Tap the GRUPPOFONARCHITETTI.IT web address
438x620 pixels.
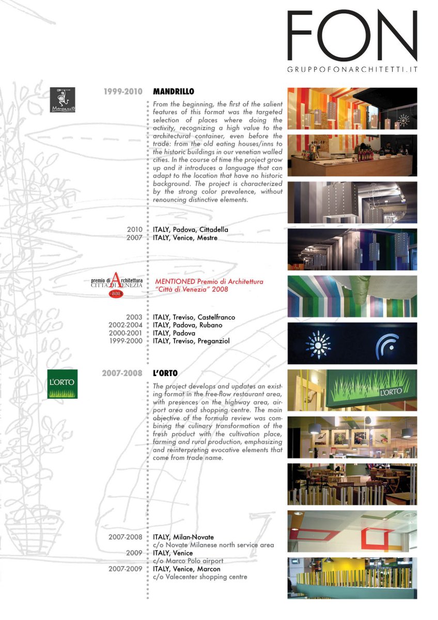[352, 69]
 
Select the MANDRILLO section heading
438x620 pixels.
[174, 91]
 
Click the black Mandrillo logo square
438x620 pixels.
[62, 100]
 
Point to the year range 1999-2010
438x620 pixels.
[123, 91]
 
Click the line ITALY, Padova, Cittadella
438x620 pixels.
[191, 229]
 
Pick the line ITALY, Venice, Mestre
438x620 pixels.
[185, 238]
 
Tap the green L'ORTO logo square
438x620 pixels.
[62, 384]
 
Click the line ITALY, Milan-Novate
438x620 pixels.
[183, 537]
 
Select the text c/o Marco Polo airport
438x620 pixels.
[188, 561]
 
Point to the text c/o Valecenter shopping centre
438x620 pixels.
[200, 577]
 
